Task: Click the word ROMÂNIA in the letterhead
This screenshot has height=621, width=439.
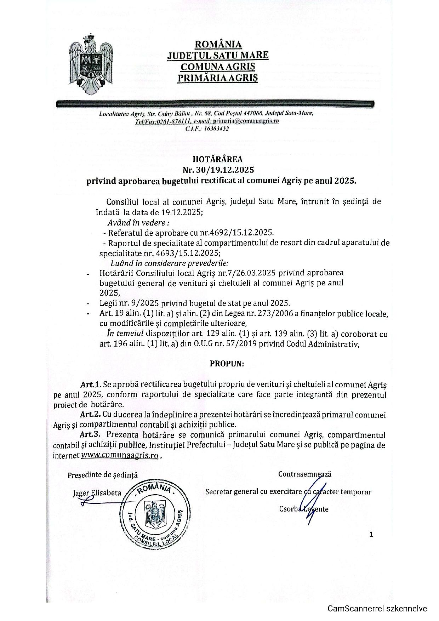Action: click(218, 44)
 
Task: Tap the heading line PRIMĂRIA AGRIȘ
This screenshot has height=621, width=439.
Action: click(218, 77)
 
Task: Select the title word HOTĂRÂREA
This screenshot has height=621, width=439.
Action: click(218, 159)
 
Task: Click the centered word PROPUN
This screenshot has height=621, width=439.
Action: click(227, 364)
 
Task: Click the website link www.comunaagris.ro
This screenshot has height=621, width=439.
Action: click(120, 455)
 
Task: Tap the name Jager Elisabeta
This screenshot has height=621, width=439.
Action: click(97, 493)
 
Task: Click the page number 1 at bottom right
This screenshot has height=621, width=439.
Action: click(371, 535)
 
